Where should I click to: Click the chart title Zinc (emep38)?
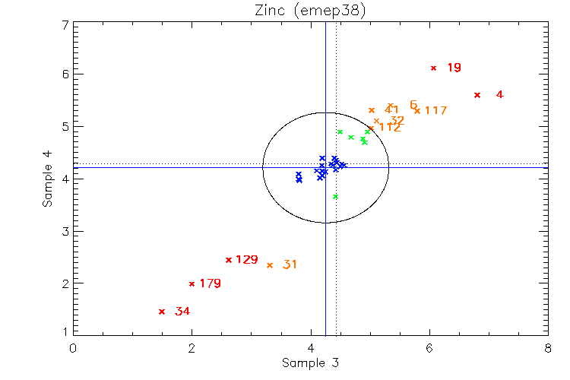coord(309,10)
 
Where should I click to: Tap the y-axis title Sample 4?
coord(48,179)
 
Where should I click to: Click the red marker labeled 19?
coord(433,68)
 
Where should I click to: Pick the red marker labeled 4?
coord(477,95)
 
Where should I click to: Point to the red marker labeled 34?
coord(161,312)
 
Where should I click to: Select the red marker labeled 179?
coord(192,284)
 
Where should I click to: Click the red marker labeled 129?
coord(228,260)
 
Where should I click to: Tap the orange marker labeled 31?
coord(270,265)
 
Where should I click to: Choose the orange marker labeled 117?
coord(416,111)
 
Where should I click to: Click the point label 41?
coord(392,110)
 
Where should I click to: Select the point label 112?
coord(389,128)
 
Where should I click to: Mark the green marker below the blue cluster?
coord(335,197)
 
